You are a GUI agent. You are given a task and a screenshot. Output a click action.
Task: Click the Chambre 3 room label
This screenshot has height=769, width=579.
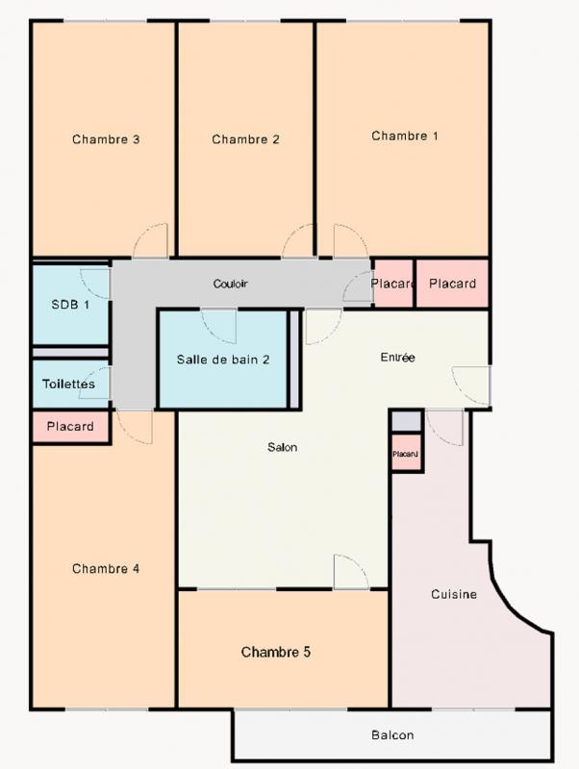[106, 139]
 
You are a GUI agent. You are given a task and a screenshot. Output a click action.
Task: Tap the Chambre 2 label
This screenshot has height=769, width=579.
[245, 139]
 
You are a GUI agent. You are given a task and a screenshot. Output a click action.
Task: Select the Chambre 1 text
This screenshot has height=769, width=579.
[405, 136]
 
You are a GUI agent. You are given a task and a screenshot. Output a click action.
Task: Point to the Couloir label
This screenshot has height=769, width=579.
[231, 285]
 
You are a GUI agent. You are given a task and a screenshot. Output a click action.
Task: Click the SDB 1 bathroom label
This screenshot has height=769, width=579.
[70, 305]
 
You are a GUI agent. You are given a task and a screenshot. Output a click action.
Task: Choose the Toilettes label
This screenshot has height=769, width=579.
[68, 384]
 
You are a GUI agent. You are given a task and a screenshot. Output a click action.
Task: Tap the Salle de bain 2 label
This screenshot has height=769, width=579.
[223, 360]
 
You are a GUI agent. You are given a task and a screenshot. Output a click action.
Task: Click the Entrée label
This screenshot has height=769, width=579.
[397, 358]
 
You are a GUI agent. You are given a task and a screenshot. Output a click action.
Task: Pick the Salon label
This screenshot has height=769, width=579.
[283, 447]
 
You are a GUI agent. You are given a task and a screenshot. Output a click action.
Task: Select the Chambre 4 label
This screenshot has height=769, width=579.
[106, 568]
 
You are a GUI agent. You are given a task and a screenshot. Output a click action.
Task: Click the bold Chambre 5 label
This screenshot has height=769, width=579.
[275, 652]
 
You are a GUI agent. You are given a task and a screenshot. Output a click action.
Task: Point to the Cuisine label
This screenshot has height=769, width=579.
[454, 594]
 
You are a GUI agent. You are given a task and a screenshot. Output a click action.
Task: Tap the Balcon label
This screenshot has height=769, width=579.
[392, 735]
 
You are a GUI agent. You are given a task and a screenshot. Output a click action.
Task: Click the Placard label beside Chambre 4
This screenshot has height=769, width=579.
[70, 426]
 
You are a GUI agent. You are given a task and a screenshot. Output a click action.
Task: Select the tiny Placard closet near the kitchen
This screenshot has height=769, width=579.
[405, 453]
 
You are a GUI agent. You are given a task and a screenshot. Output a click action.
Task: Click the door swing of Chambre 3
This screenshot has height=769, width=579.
[152, 241]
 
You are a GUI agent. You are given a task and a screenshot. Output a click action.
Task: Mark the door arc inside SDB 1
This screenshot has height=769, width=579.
[96, 282]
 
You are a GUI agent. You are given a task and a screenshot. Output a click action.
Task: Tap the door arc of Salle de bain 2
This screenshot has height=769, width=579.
[219, 325]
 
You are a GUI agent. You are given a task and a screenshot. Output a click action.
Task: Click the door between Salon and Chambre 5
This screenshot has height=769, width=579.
[350, 572]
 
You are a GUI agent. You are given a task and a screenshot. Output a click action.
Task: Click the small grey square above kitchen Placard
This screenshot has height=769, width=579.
[405, 420]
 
